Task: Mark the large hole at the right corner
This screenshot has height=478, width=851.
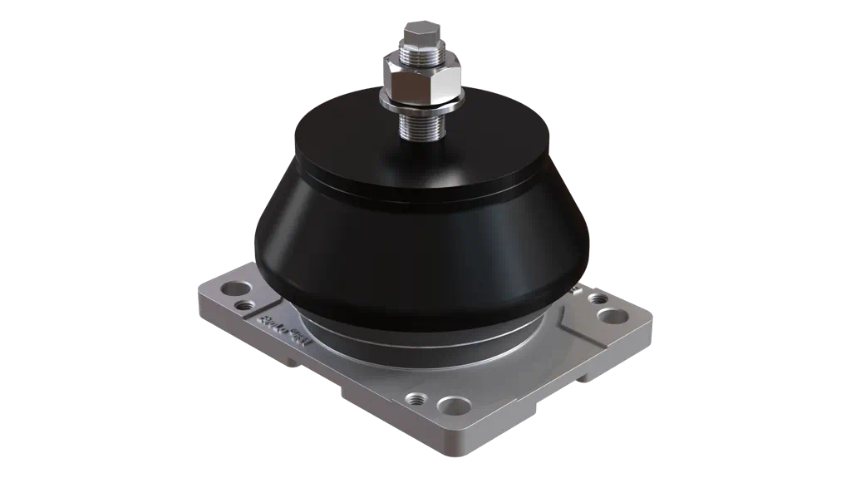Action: [613, 315]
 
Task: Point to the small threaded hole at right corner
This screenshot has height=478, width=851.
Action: [596, 298]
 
